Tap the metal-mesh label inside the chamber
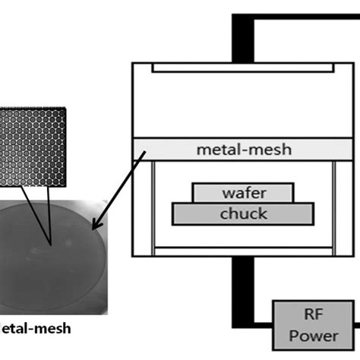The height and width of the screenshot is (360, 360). click(242, 150)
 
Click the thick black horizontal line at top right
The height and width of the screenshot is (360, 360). click(304, 18)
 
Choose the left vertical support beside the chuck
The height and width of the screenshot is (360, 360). click(156, 204)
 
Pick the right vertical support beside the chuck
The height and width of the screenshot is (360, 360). click(330, 204)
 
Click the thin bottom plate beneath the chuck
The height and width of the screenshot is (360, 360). click(242, 248)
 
